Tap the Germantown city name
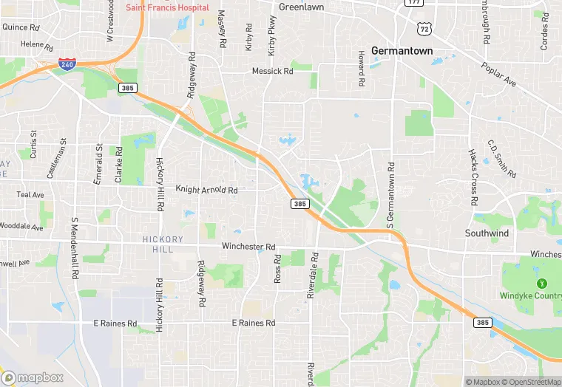402,51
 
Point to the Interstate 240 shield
66,64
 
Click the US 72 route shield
423,28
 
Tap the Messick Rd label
273,72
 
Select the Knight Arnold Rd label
206,190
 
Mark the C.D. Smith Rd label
501,158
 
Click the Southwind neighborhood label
487,233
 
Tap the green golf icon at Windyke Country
541,282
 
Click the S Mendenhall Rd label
75,247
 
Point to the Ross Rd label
278,270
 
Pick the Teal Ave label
30,195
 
